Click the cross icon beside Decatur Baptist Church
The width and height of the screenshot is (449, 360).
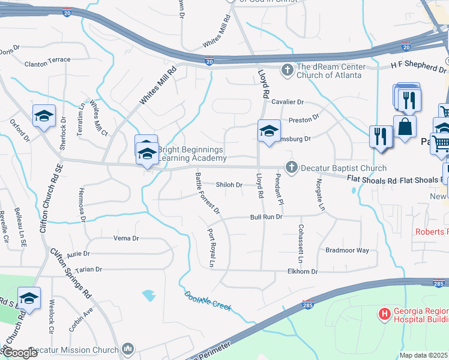pyautogui.click(x=292, y=167)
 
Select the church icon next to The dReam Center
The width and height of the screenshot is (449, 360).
pyautogui.click(x=287, y=70)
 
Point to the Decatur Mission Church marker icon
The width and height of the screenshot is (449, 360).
pyautogui.click(x=127, y=349)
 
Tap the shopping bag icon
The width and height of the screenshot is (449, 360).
pyautogui.click(x=405, y=127)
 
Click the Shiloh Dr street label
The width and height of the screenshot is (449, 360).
pyautogui.click(x=229, y=185)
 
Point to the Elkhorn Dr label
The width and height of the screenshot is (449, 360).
pyautogui.click(x=301, y=272)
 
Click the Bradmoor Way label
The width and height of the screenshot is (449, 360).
pyautogui.click(x=347, y=250)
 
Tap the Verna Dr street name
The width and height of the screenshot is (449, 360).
pyautogui.click(x=126, y=238)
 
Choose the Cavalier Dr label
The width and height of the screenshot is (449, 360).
pyautogui.click(x=288, y=102)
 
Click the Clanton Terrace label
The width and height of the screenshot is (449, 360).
pyautogui.click(x=47, y=60)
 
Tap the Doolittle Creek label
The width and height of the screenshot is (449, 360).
pyautogui.click(x=207, y=301)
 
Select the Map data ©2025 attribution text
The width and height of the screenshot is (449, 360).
pyautogui.click(x=423, y=355)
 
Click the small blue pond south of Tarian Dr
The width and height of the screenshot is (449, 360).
pyautogui.click(x=149, y=295)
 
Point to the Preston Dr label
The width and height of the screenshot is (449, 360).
pyautogui.click(x=304, y=120)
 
